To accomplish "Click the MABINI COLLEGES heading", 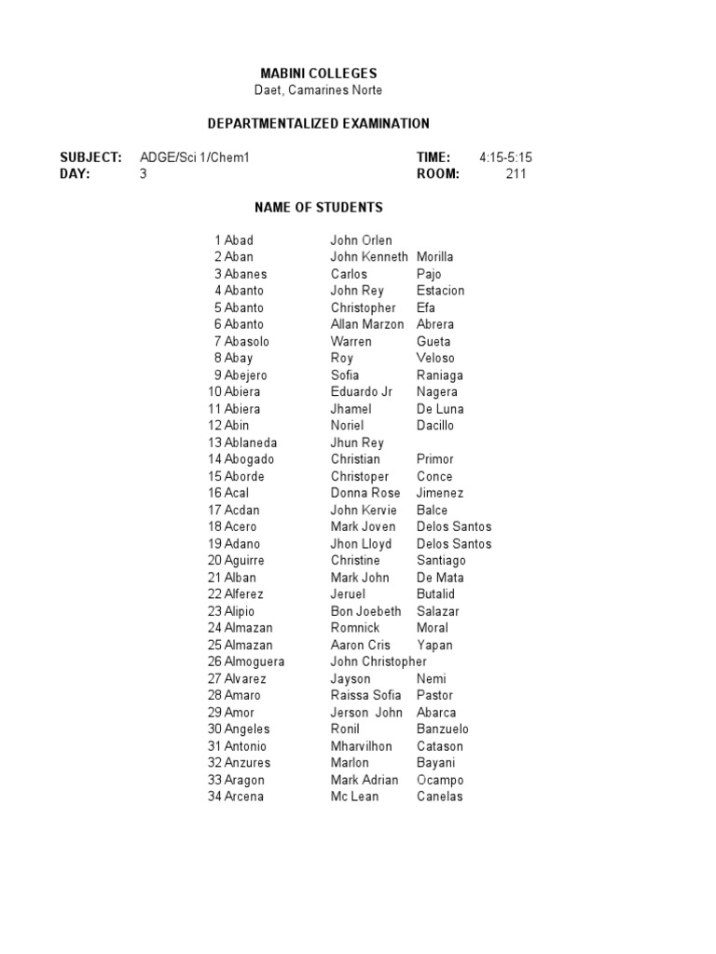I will (x=317, y=74).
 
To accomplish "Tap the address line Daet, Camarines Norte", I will (x=318, y=90).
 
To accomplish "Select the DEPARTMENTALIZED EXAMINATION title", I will (x=317, y=124).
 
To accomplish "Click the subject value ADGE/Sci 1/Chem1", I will (x=195, y=157).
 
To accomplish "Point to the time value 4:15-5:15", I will (x=505, y=157).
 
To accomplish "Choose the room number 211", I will (x=516, y=174).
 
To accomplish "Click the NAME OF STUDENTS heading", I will (x=317, y=208).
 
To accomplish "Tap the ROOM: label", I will (x=438, y=174).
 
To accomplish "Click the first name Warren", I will (x=351, y=341).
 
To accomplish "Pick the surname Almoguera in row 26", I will (x=255, y=661).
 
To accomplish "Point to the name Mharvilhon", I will (x=361, y=746).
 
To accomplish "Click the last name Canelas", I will (x=440, y=797).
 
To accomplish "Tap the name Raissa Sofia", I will (x=365, y=695).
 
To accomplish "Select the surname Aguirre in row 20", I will (x=244, y=561).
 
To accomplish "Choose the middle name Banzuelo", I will (x=443, y=729).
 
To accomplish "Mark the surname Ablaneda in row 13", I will (x=251, y=443).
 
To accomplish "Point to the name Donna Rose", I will (x=365, y=493).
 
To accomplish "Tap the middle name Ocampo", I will (x=440, y=780).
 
